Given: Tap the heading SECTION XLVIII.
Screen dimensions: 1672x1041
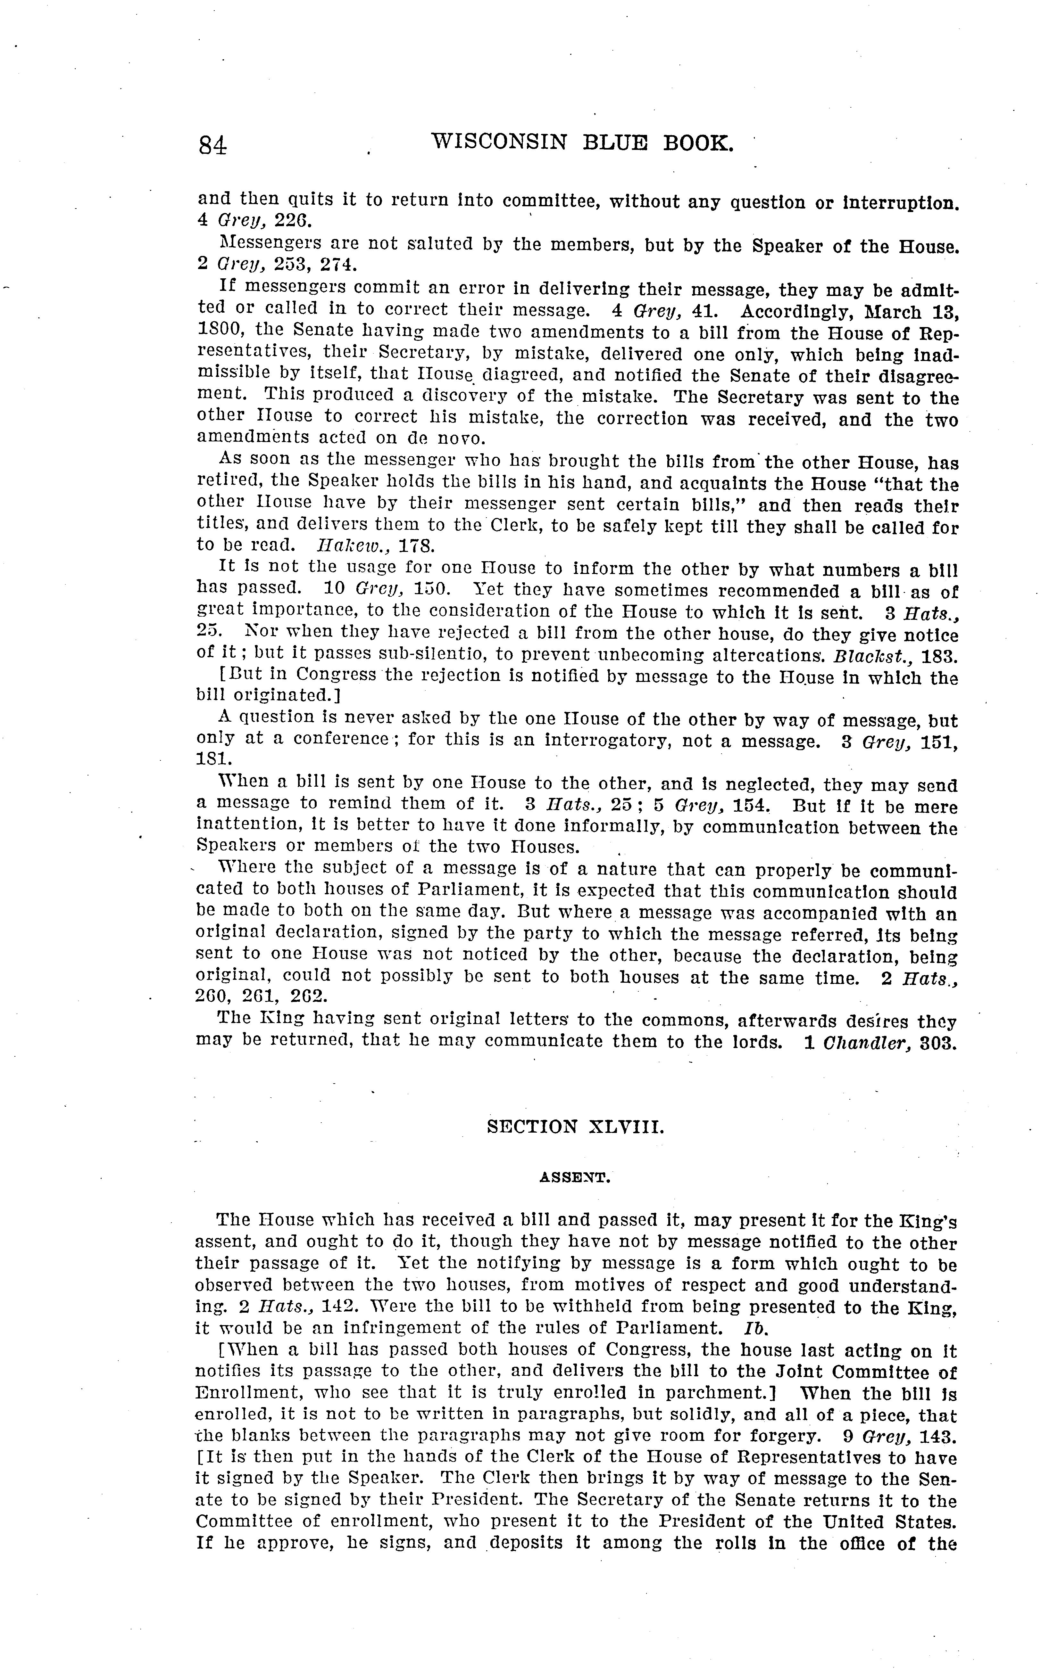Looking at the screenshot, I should pos(575,1127).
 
